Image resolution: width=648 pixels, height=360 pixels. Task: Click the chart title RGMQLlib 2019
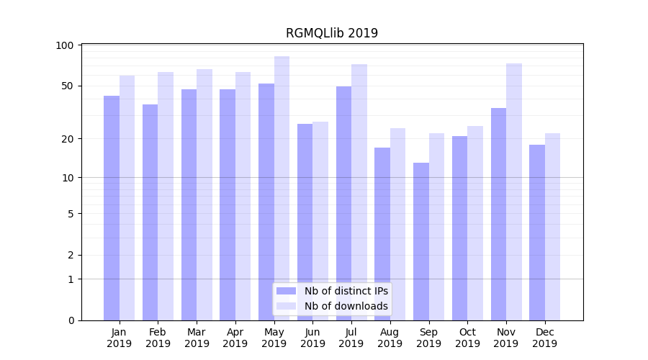[331, 33]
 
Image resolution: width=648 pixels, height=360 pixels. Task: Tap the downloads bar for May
[282, 188]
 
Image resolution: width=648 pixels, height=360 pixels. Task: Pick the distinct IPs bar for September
[421, 241]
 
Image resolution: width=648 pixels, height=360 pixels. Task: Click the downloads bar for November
[514, 192]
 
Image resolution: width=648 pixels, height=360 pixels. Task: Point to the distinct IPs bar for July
[343, 203]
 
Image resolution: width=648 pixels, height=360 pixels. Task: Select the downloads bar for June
[320, 221]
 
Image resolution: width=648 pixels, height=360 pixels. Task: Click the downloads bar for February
[166, 196]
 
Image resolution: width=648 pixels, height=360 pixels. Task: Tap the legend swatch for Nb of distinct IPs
[286, 291]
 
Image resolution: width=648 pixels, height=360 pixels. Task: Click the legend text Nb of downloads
[346, 306]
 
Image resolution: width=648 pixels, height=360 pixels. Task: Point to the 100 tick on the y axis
[65, 45]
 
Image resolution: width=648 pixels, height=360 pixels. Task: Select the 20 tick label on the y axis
[68, 138]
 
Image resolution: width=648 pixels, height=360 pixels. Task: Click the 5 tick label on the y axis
[71, 214]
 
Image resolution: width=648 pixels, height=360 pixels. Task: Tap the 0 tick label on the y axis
[71, 320]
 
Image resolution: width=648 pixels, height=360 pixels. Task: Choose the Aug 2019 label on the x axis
[390, 338]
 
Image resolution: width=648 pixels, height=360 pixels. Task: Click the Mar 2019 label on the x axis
[197, 338]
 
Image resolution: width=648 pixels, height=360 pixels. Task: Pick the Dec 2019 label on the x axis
[544, 338]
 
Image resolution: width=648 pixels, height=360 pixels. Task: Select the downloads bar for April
[243, 196]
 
